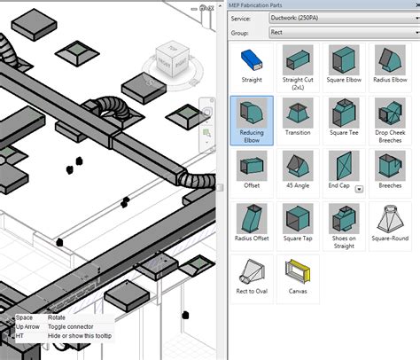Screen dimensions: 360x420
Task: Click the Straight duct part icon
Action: click(x=252, y=61)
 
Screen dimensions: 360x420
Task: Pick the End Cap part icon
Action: click(x=340, y=167)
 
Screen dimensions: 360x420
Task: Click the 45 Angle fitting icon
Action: click(x=297, y=167)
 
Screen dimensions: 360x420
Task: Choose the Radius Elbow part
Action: click(x=388, y=61)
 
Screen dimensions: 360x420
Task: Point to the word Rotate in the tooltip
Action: click(x=56, y=317)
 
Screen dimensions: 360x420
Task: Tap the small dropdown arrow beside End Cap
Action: click(x=359, y=189)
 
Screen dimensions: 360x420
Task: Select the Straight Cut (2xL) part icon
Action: click(x=297, y=61)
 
